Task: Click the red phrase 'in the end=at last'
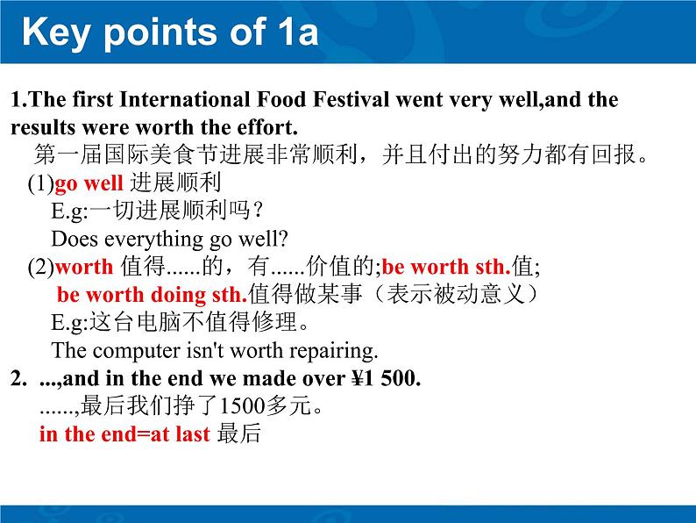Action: (x=124, y=433)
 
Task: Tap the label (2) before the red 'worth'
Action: (x=40, y=267)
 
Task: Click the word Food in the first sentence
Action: (x=279, y=99)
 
